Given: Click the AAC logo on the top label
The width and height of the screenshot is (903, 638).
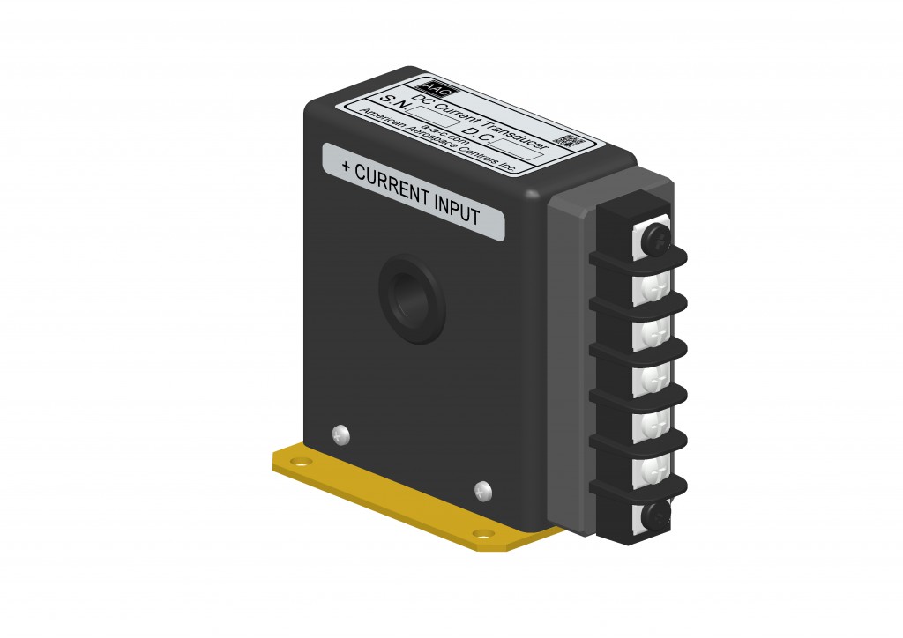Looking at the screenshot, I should coord(437,86).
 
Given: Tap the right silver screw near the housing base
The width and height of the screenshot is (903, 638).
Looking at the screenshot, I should coord(482,489).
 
